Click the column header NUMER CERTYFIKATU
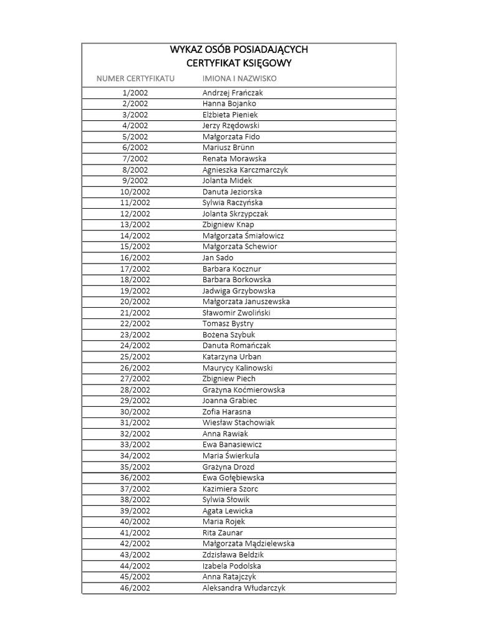135,79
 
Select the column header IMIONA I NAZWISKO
239,79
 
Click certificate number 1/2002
135,93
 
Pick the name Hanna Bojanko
229,103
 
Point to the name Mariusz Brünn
228,148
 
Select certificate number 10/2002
135,192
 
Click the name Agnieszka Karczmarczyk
245,169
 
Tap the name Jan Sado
218,258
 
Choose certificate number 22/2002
135,324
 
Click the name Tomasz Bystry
228,324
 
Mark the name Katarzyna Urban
231,357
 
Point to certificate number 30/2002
135,412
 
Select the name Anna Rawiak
225,434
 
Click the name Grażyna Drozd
228,467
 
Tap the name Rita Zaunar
223,533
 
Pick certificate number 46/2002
135,588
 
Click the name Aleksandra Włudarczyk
244,588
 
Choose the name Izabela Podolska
231,566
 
